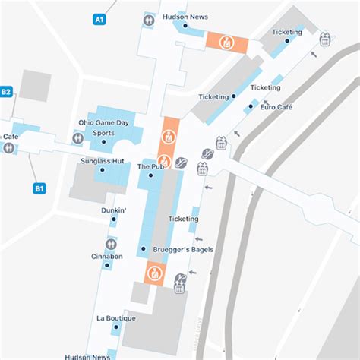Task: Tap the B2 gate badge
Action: click(x=6, y=92)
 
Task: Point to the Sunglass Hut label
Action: click(x=103, y=161)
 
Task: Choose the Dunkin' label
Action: click(x=113, y=210)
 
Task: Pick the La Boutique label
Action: click(x=116, y=317)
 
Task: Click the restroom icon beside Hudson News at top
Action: click(x=149, y=21)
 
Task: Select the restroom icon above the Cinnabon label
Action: click(x=112, y=244)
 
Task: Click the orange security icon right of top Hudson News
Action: click(x=226, y=42)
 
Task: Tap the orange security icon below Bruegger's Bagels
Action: click(x=154, y=272)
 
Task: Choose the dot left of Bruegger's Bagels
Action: click(x=143, y=249)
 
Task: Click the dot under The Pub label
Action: click(x=150, y=175)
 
